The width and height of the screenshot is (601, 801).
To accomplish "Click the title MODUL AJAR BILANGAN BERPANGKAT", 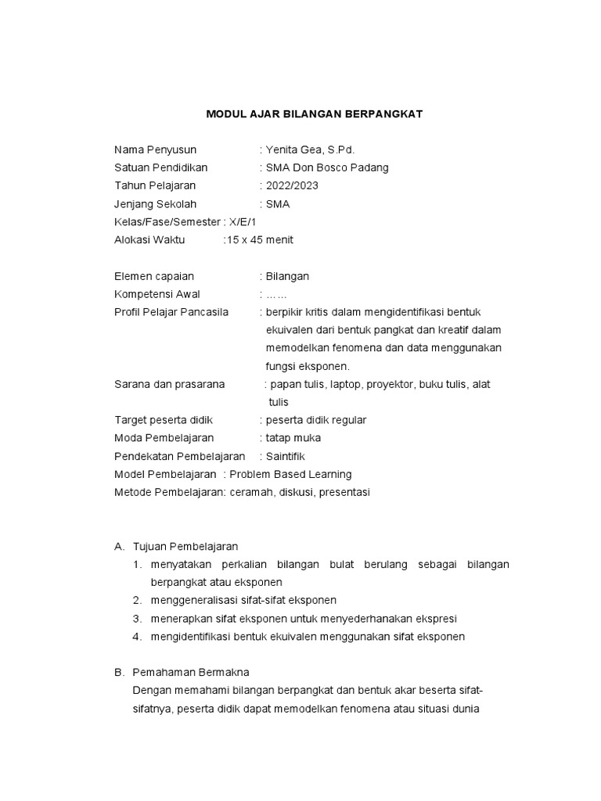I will click(314, 114).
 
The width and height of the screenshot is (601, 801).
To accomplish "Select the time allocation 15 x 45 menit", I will click(260, 240).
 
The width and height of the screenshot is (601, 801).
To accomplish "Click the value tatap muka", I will click(293, 438).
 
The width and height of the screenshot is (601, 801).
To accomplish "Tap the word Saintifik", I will click(286, 456).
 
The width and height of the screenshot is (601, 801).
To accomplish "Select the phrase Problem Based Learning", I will click(290, 474).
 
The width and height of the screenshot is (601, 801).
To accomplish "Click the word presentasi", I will click(340, 492).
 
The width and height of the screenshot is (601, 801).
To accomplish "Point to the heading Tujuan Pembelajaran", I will click(185, 546).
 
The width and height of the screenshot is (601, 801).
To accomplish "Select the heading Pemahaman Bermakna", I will click(191, 672).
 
